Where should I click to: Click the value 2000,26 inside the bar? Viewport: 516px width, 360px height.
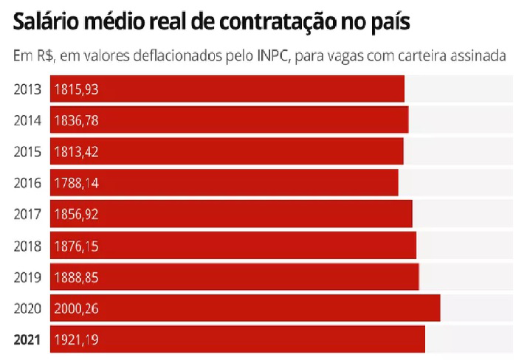[x=76, y=308]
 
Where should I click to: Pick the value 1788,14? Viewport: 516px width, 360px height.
[x=76, y=183]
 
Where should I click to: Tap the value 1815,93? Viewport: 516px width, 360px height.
[x=76, y=89]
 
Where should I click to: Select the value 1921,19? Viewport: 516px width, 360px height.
[x=76, y=340]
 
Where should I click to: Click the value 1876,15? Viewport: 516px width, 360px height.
[x=76, y=246]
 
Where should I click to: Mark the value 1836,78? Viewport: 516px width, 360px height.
[x=76, y=120]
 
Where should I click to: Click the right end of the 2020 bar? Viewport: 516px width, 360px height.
[x=438, y=308]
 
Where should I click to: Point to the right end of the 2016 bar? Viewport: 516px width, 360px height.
[x=396, y=183]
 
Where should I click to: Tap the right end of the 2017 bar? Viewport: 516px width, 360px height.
[x=410, y=215]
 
